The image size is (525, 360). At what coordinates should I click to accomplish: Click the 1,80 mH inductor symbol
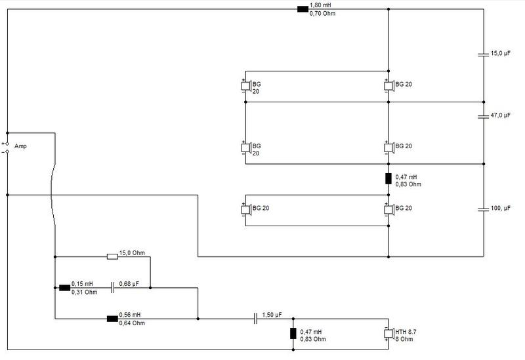click(x=303, y=9)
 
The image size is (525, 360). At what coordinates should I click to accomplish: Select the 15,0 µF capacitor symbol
click(x=483, y=54)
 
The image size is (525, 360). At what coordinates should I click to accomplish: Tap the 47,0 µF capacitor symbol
click(x=483, y=116)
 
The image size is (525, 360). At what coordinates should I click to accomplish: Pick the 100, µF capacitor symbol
click(x=483, y=209)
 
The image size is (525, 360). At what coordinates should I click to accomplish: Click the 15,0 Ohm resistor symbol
click(x=112, y=256)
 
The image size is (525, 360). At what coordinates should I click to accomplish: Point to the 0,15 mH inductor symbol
click(x=64, y=288)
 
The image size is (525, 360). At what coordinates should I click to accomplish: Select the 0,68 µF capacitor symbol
click(x=112, y=288)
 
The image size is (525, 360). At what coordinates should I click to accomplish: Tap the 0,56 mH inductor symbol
click(x=112, y=319)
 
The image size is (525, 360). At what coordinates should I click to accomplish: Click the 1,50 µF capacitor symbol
click(x=255, y=319)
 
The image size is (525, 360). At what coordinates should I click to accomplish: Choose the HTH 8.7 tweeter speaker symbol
click(x=388, y=333)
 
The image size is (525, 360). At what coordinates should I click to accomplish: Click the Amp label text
click(x=20, y=146)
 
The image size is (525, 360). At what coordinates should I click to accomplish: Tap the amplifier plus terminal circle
click(x=7, y=144)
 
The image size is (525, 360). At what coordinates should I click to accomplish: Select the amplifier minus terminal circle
click(x=7, y=152)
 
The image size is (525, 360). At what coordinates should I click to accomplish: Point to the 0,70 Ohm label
click(x=322, y=14)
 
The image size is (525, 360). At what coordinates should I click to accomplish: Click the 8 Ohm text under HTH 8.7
click(x=404, y=339)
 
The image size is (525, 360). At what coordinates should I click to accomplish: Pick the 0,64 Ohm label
click(x=132, y=323)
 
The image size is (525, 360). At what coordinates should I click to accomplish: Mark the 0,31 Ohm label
click(x=85, y=292)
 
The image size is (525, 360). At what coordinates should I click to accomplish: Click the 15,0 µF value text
click(x=501, y=53)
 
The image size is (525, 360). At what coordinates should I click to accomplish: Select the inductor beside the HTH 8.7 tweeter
click(x=293, y=334)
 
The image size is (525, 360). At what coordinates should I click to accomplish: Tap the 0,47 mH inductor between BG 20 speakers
click(x=388, y=178)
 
